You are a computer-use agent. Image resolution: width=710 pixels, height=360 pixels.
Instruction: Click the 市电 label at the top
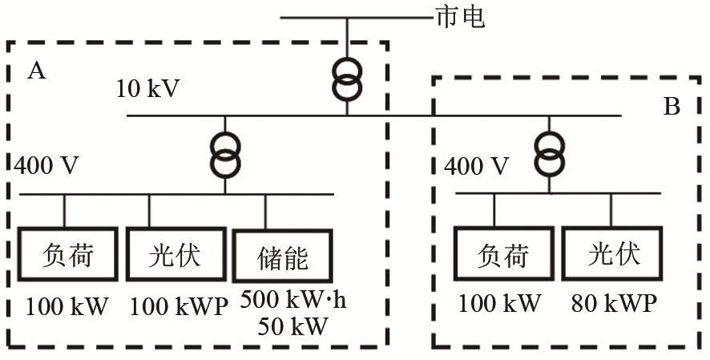pyautogui.click(x=459, y=17)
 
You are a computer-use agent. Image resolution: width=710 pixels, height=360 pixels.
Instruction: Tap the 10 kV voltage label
pyautogui.click(x=148, y=87)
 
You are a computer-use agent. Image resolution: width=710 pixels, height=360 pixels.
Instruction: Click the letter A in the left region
pyautogui.click(x=36, y=72)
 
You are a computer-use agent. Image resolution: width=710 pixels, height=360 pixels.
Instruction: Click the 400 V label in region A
pyautogui.click(x=47, y=167)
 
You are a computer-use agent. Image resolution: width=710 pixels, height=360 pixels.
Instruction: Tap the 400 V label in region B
pyautogui.click(x=476, y=167)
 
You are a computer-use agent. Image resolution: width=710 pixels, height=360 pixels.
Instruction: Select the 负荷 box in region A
pyautogui.click(x=67, y=255)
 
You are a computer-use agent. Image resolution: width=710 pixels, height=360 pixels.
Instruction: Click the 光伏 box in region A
pyautogui.click(x=175, y=255)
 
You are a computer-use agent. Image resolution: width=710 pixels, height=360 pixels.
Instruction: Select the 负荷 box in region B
pyautogui.click(x=503, y=255)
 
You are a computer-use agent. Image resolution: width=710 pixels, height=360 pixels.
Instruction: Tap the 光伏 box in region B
pyautogui.click(x=614, y=255)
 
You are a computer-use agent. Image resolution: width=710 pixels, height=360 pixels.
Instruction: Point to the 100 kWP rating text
pyautogui.click(x=178, y=305)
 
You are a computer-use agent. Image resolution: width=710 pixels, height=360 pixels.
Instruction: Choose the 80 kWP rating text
pyautogui.click(x=615, y=304)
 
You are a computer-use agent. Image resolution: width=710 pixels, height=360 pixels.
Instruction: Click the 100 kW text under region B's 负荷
pyautogui.click(x=501, y=304)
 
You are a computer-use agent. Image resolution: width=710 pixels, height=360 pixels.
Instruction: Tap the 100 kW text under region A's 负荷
pyautogui.click(x=67, y=305)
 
